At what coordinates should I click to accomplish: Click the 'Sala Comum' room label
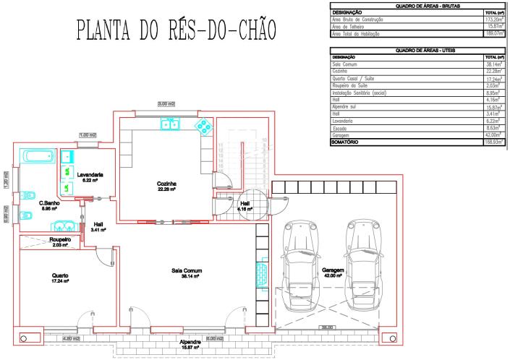point(186,272)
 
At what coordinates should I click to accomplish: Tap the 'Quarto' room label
point(60,276)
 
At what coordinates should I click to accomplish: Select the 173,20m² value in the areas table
point(493,19)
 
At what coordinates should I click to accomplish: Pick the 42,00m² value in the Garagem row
point(493,136)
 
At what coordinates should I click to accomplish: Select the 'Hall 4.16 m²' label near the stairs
point(245,206)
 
